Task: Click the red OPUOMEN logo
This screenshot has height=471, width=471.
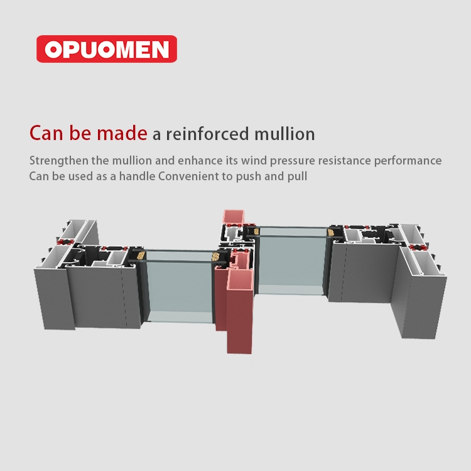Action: (107, 49)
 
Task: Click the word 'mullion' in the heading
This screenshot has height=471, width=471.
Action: (284, 134)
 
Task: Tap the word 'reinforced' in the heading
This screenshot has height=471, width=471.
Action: (207, 134)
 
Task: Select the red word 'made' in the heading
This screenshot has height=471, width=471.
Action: (122, 133)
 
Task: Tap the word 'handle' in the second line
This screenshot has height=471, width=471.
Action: (137, 176)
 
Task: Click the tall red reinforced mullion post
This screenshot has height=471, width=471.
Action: (239, 311)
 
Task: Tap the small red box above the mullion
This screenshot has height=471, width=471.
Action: (234, 217)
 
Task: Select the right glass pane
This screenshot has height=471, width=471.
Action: (291, 261)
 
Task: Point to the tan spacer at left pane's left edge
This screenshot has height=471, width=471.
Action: (141, 256)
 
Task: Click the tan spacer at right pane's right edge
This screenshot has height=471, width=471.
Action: (331, 232)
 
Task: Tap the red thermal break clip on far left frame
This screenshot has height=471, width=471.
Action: (65, 242)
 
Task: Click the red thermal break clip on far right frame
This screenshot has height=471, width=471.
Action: (417, 247)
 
